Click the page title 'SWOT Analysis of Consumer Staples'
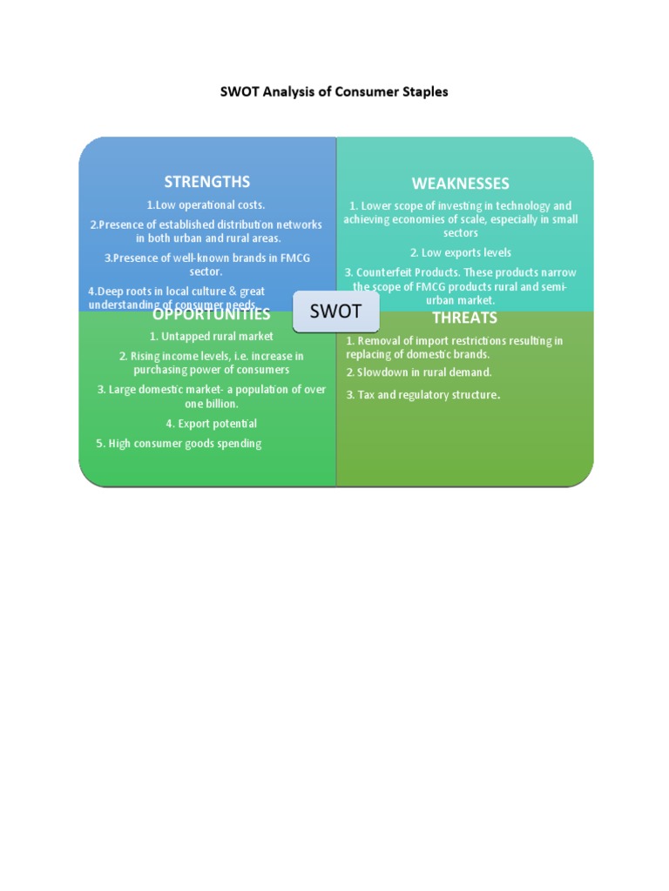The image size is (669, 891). click(x=334, y=90)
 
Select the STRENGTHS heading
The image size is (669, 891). click(x=207, y=182)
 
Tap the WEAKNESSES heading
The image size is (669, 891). click(x=460, y=184)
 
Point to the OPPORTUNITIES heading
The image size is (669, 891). click(x=212, y=314)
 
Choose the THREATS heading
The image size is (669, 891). click(x=464, y=318)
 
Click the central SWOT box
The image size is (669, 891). click(x=335, y=312)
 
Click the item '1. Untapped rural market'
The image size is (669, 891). click(x=212, y=336)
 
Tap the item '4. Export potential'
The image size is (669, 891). click(x=212, y=424)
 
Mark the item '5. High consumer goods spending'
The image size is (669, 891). click(x=179, y=444)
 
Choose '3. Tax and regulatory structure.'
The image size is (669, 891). click(x=423, y=395)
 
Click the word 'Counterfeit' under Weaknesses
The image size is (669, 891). click(x=388, y=272)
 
